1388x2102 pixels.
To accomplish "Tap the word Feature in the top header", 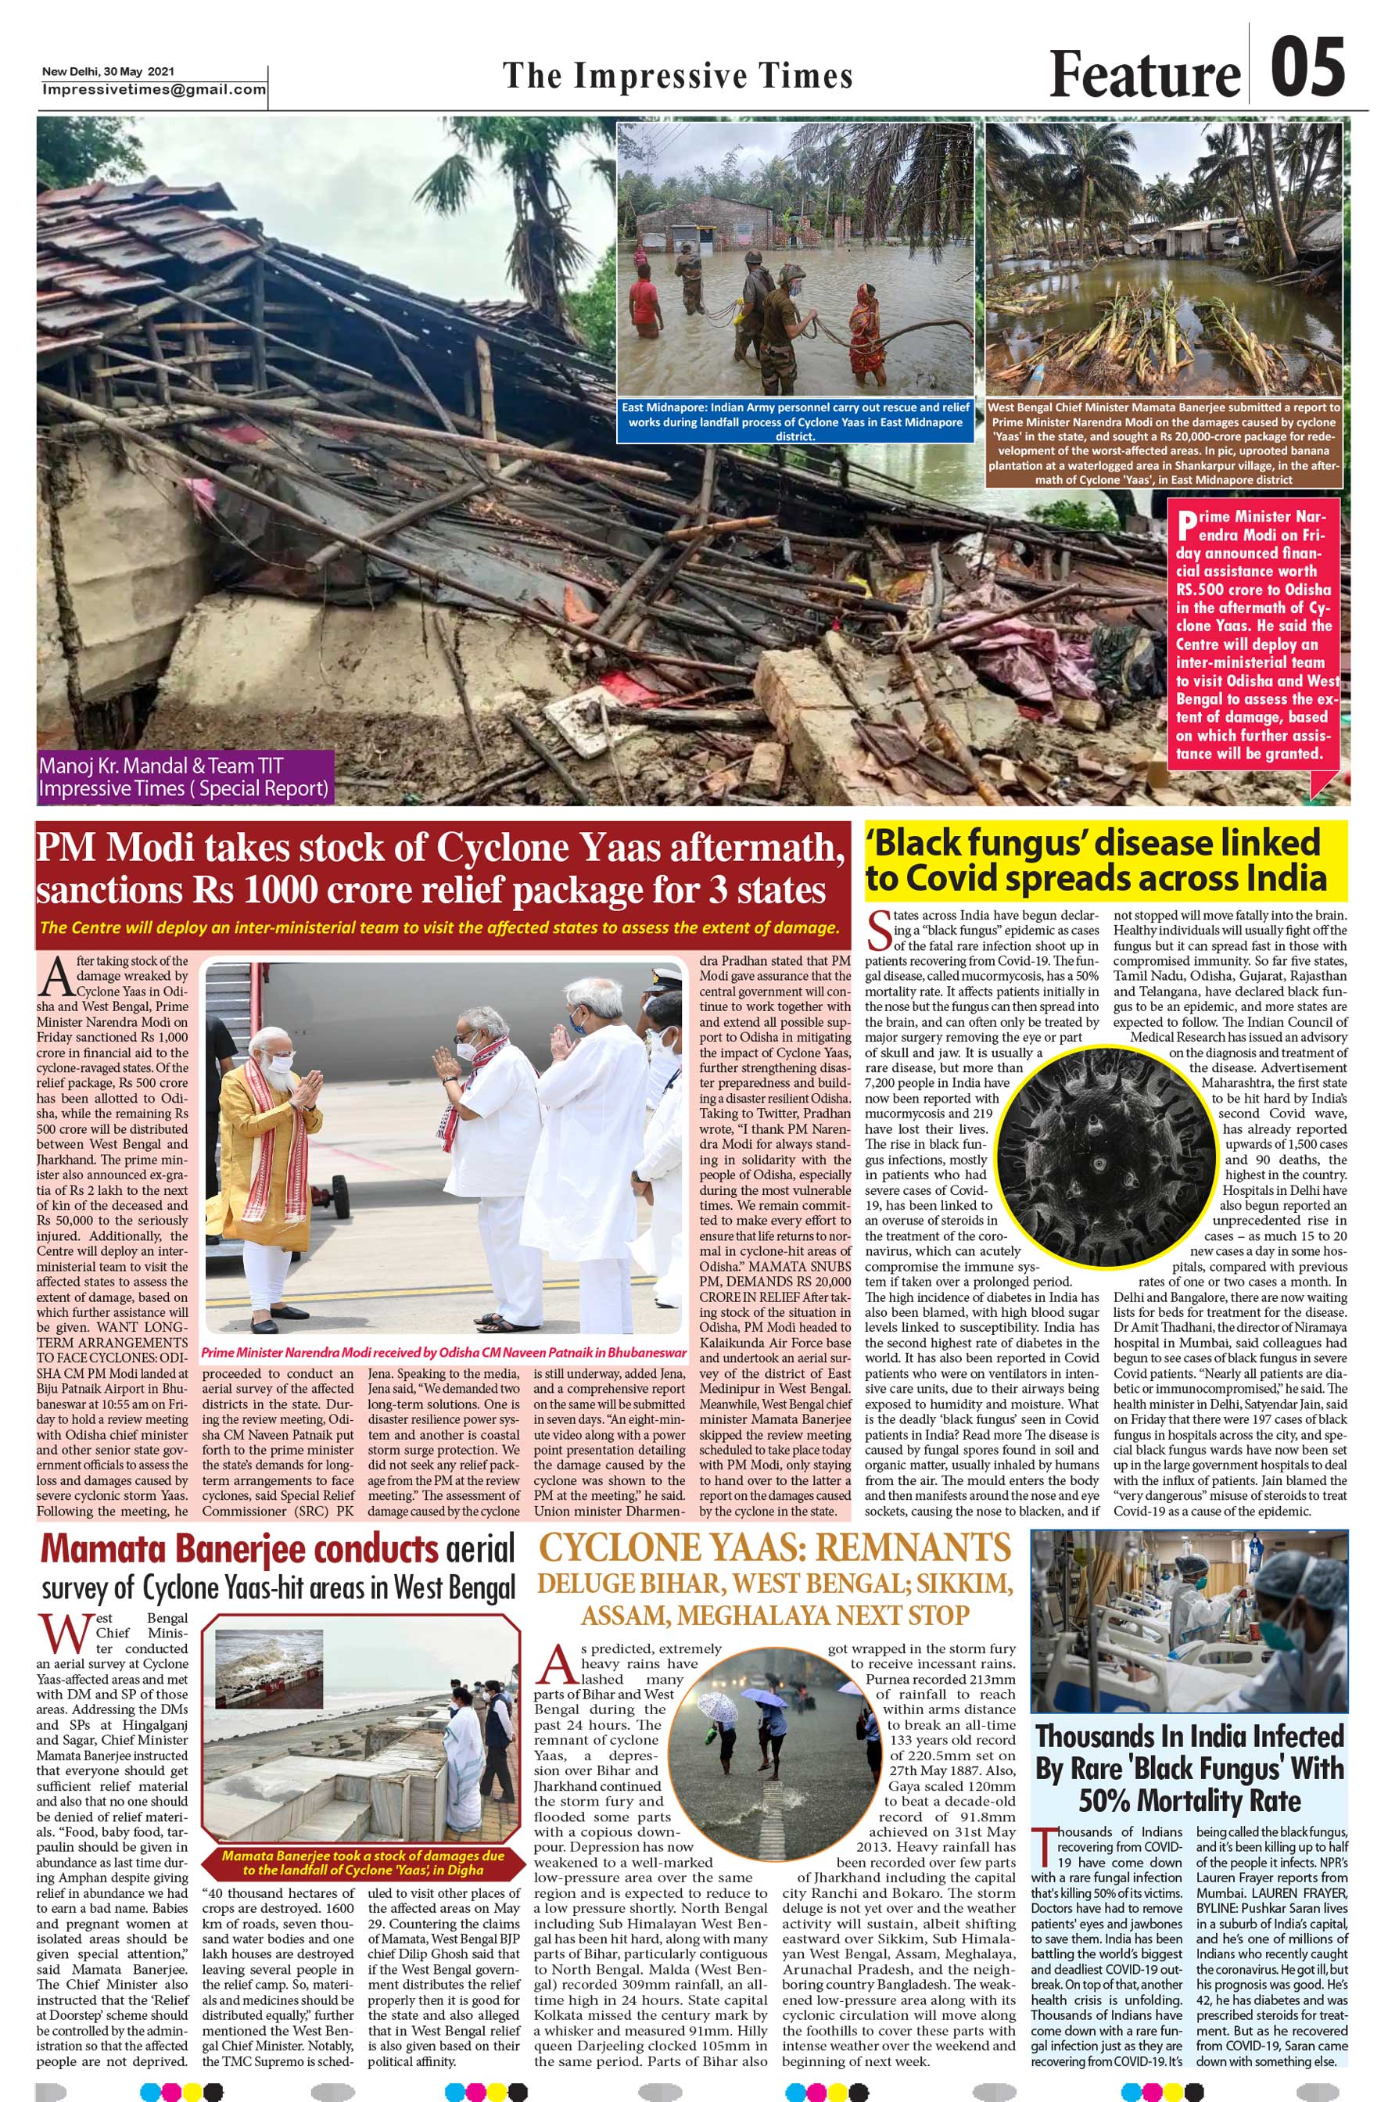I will coord(1145,74).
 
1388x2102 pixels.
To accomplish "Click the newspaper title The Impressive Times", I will coord(677,76).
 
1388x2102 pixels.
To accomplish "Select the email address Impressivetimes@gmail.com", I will coord(154,89).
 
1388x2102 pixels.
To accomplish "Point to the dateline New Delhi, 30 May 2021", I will coord(108,72).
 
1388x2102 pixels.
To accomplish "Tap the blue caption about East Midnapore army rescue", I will coord(795,421).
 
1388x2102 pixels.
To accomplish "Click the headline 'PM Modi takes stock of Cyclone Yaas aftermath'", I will coord(440,868).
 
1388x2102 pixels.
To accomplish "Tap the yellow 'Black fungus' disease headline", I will coord(1105,860).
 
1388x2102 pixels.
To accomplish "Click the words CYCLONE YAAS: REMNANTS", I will coord(775,1548).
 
